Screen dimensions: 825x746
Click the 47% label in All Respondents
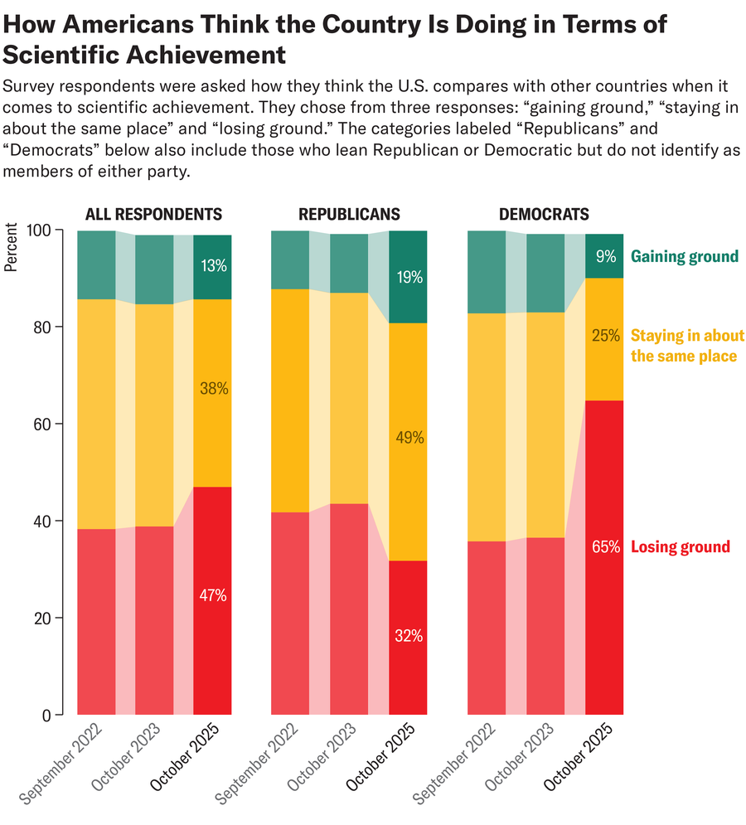[x=212, y=595]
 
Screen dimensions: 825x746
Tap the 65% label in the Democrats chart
[x=604, y=547]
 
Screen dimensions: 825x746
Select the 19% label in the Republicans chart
[x=409, y=278]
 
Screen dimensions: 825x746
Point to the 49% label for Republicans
[x=409, y=438]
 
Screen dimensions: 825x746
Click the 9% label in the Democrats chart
[x=605, y=257]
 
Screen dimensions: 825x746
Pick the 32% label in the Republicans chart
[x=409, y=636]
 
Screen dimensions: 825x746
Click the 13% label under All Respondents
[x=212, y=266]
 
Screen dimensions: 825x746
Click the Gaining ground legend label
[x=684, y=256]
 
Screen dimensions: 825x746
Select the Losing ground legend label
[x=681, y=547]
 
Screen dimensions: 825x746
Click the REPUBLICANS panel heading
[x=349, y=215]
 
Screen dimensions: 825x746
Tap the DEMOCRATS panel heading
[x=544, y=215]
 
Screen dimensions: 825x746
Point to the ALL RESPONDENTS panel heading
[x=153, y=215]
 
